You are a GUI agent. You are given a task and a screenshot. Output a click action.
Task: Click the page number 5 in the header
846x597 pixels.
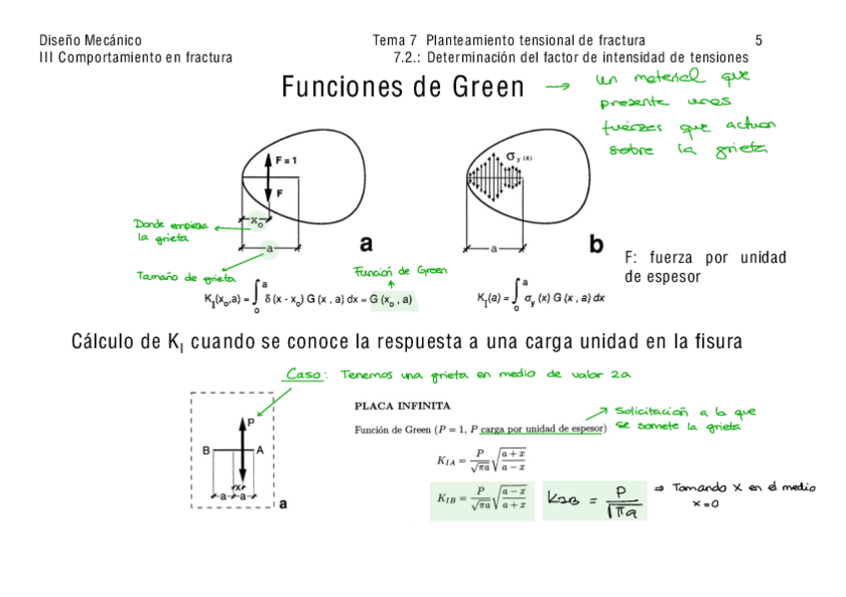(x=758, y=41)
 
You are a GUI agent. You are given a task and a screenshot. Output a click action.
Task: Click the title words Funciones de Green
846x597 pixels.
(x=402, y=88)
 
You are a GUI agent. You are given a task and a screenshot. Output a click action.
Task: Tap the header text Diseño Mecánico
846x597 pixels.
(x=90, y=41)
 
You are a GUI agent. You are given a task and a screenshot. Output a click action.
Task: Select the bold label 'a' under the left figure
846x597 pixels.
(x=366, y=243)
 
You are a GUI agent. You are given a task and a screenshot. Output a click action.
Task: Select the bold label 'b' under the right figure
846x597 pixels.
(x=597, y=243)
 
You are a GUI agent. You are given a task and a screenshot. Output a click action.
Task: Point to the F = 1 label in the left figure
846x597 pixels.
(x=285, y=159)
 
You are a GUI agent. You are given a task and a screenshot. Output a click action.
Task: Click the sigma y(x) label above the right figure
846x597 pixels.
(x=519, y=156)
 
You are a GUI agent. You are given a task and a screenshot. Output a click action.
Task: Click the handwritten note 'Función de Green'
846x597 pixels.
(x=401, y=271)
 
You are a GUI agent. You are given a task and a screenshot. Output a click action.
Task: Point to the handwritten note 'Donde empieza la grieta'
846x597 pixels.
(x=170, y=230)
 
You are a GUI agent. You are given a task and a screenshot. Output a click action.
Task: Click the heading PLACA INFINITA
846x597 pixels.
(x=403, y=407)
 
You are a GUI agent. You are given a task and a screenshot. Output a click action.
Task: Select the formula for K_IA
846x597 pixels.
(x=481, y=459)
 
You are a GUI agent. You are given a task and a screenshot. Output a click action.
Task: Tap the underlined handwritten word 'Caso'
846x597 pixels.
(x=303, y=375)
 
